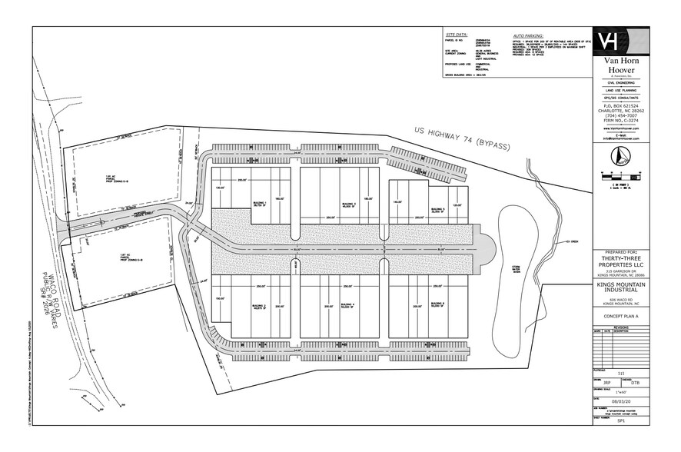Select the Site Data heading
coord(456,35)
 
